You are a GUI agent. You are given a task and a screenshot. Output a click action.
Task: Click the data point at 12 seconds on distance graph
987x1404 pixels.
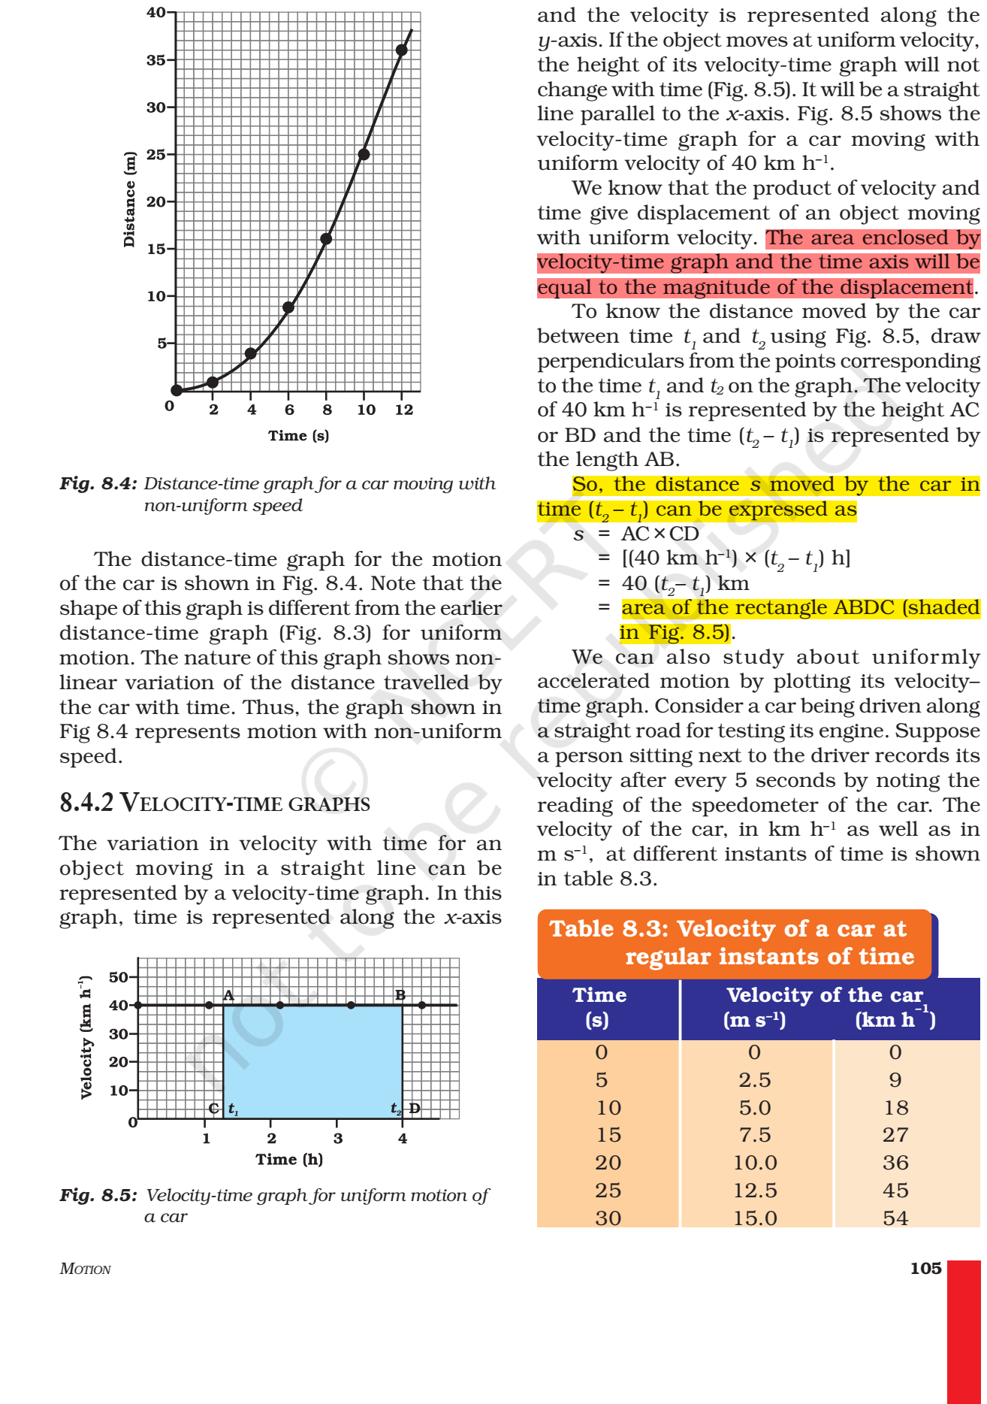[x=402, y=50]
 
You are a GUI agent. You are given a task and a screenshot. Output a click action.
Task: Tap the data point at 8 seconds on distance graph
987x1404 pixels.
[x=326, y=239]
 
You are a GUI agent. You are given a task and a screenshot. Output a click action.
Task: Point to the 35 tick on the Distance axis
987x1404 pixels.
[x=157, y=60]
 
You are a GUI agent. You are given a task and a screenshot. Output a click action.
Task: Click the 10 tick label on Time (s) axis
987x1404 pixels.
[x=366, y=410]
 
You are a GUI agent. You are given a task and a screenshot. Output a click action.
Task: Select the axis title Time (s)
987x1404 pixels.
[x=298, y=436]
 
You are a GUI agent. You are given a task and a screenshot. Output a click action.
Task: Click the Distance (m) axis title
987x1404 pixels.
[x=130, y=199]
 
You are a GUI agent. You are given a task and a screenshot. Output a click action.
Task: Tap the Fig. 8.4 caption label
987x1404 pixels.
[x=98, y=483]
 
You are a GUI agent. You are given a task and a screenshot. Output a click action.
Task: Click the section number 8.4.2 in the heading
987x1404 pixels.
[x=86, y=803]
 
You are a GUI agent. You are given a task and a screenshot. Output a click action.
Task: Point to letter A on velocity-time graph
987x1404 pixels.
[x=228, y=995]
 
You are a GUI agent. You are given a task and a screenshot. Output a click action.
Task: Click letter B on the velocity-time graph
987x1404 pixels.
[x=400, y=995]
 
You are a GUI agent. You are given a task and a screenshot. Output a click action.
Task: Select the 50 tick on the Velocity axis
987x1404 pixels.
[x=119, y=978]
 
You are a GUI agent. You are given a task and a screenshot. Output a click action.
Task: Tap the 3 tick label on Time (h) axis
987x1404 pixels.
[x=338, y=1139]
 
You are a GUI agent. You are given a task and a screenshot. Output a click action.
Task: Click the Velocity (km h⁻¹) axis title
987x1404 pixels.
[x=86, y=1037]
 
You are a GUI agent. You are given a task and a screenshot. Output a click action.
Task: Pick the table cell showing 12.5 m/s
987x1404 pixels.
[x=755, y=1191]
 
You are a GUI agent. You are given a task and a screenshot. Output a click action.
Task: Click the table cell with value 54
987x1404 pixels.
[x=895, y=1218]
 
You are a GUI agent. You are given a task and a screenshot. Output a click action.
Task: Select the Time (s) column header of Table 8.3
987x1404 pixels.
[x=599, y=1007]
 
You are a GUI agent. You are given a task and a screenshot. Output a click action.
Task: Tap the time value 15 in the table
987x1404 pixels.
[x=608, y=1135]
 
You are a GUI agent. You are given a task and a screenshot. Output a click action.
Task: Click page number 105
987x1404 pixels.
[x=925, y=1269]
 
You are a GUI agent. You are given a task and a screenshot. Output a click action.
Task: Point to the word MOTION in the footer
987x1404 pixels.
[x=85, y=1269]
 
